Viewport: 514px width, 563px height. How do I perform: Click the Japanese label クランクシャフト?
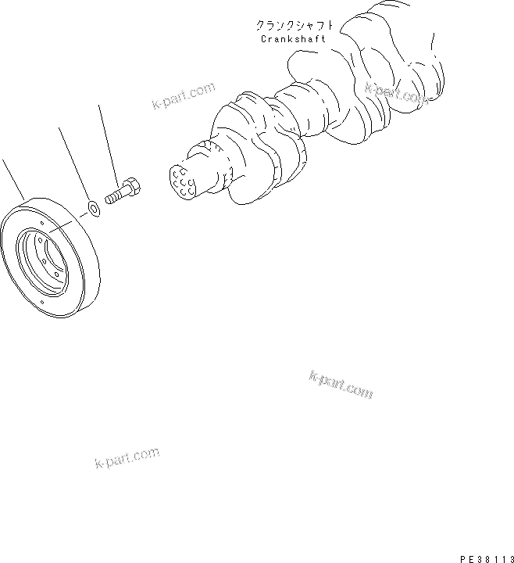[x=287, y=25]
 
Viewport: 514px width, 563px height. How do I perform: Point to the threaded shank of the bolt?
[x=115, y=195]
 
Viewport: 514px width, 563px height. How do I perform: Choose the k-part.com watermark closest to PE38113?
[x=341, y=384]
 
